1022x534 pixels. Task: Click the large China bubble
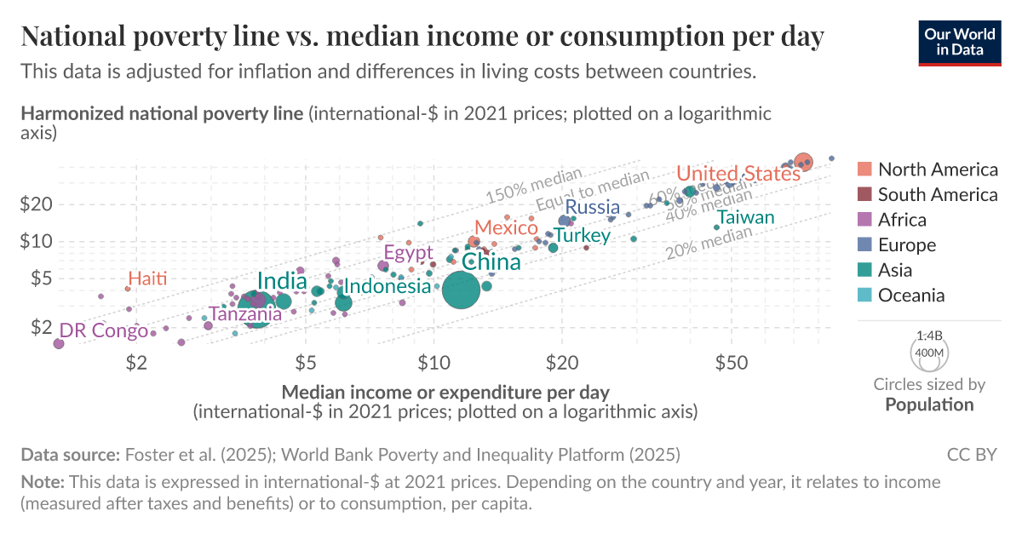pos(461,290)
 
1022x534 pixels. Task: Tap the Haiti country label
pos(147,278)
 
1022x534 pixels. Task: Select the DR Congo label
pos(103,330)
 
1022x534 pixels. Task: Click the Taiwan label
pos(746,217)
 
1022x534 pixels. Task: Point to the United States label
pos(738,174)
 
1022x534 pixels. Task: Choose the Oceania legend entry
pos(911,296)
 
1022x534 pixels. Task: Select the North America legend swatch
pos(864,169)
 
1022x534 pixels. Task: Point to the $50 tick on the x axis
pos(732,363)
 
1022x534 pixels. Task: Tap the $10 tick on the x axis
pos(433,363)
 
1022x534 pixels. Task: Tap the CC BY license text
pos(971,455)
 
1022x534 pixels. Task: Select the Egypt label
pos(409,252)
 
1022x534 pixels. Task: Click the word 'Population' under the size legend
pos(929,405)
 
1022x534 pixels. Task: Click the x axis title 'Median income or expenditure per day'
pos(445,393)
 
